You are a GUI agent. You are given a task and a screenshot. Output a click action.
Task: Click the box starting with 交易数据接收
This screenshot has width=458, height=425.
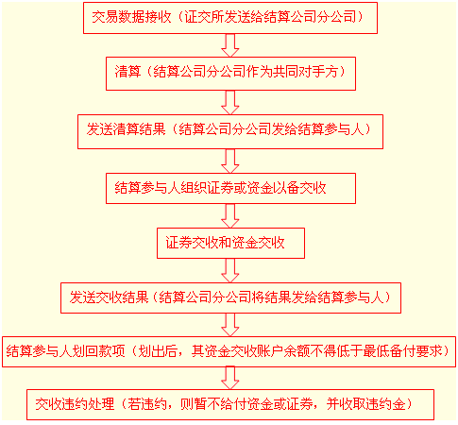230,18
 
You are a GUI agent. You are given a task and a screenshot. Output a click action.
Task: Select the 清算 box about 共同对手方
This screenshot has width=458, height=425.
230,74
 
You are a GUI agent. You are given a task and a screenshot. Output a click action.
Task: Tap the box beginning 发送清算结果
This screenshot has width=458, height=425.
230,131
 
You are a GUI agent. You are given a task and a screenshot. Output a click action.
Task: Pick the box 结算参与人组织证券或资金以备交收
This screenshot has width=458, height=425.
230,188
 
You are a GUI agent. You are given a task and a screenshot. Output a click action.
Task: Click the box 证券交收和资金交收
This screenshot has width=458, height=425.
230,243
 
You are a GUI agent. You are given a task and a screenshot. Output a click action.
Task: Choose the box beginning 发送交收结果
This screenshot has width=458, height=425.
230,297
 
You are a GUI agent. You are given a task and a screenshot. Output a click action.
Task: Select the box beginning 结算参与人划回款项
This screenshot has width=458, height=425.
229,351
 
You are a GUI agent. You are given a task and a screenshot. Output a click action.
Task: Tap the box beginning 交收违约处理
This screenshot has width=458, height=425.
230,404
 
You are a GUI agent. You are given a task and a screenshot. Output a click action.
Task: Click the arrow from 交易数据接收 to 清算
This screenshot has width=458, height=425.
230,45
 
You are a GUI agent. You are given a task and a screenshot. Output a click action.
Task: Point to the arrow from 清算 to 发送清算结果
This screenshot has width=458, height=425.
230,103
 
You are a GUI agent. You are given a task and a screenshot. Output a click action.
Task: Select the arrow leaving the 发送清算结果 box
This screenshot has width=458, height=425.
230,161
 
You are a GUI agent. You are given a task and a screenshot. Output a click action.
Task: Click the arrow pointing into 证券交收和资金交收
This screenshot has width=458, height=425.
230,216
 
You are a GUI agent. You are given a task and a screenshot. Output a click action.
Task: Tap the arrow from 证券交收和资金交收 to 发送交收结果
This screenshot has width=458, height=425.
230,271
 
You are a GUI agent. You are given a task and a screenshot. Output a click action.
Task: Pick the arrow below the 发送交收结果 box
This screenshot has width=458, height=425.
230,325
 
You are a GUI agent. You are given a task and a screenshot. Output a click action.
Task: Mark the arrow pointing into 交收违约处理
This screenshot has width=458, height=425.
230,379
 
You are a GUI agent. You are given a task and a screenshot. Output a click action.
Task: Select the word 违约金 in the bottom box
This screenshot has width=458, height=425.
386,404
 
